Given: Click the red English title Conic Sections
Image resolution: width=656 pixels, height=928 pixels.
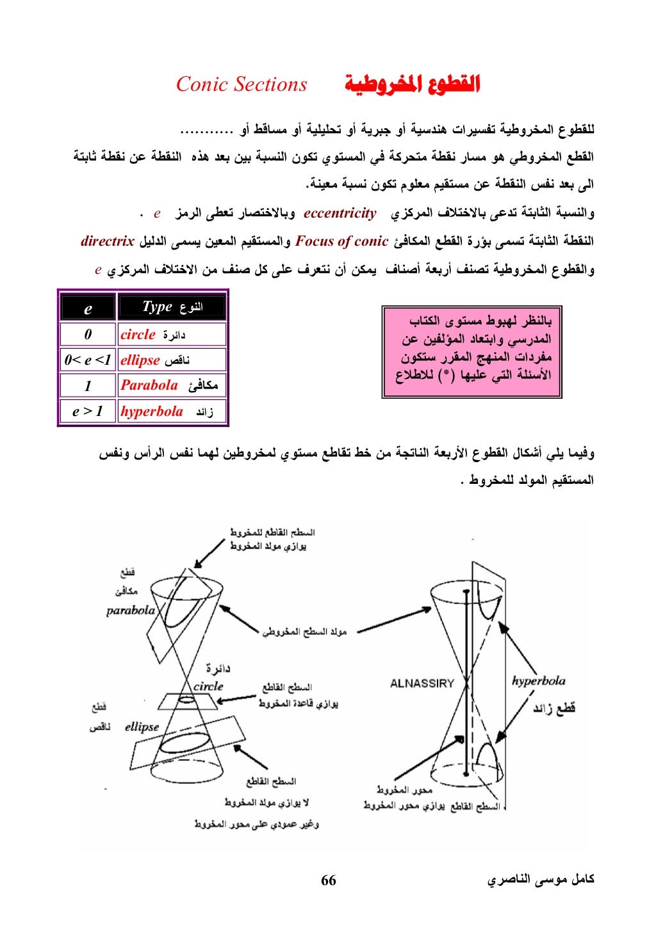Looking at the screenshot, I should [242, 84].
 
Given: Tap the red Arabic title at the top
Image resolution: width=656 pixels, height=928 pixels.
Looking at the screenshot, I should [411, 84].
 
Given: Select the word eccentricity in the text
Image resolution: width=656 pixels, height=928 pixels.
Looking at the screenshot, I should [340, 213].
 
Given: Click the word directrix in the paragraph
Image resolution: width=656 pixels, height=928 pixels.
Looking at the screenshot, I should [108, 241].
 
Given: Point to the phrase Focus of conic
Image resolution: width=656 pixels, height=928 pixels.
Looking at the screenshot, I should [342, 241].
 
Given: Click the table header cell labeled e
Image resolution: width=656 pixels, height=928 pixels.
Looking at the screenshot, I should [88, 308].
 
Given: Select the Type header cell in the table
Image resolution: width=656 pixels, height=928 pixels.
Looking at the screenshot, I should [172, 307].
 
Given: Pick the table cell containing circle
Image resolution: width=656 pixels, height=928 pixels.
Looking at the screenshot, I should [172, 335].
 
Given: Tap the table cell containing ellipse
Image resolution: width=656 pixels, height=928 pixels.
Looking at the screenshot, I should [172, 360].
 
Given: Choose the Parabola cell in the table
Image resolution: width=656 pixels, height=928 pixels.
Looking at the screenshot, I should [172, 385].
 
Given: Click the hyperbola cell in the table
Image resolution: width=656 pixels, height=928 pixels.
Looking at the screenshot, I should [172, 412].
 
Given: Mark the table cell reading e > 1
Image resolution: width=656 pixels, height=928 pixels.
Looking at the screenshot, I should [88, 412].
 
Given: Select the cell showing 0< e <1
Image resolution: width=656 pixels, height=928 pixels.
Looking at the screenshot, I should [88, 360].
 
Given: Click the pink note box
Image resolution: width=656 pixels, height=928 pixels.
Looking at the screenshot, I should [471, 351].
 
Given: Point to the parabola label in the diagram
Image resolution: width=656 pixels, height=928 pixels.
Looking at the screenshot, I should [131, 611].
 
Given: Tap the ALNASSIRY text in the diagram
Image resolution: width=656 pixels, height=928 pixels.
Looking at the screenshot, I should [422, 684].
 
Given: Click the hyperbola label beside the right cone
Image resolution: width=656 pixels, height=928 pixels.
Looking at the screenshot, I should [538, 681].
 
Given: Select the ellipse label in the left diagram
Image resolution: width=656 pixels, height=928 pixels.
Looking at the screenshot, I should [142, 727].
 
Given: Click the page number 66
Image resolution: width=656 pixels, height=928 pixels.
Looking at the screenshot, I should [328, 881].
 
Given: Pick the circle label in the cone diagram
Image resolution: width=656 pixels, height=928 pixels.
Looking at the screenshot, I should [208, 687].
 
